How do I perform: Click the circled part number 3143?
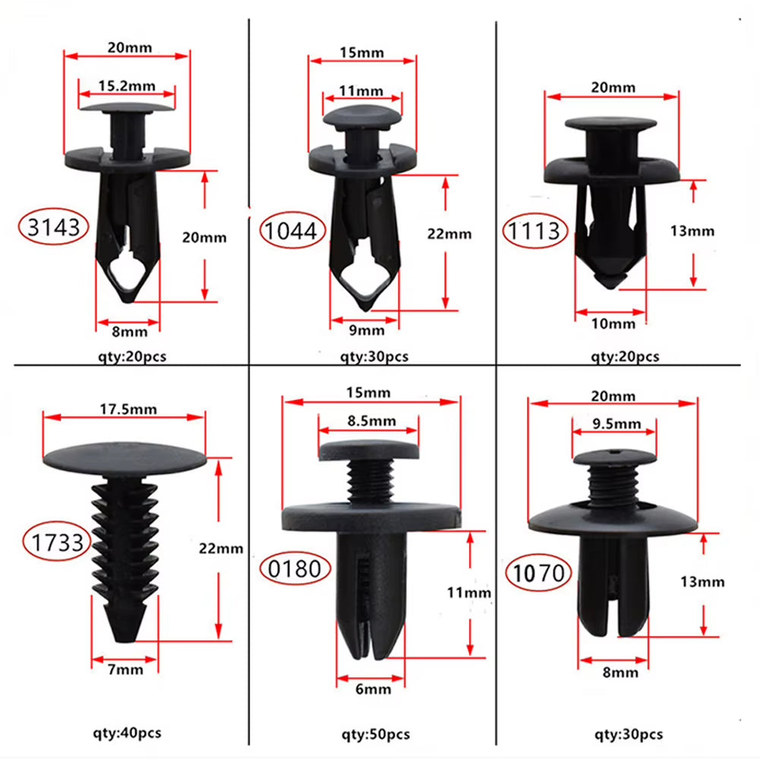point(54,227)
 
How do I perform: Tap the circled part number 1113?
point(535,231)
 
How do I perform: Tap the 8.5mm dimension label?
point(367,421)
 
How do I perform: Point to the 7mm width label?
point(125,669)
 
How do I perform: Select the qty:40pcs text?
point(127,733)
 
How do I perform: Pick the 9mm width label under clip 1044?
point(367,330)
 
